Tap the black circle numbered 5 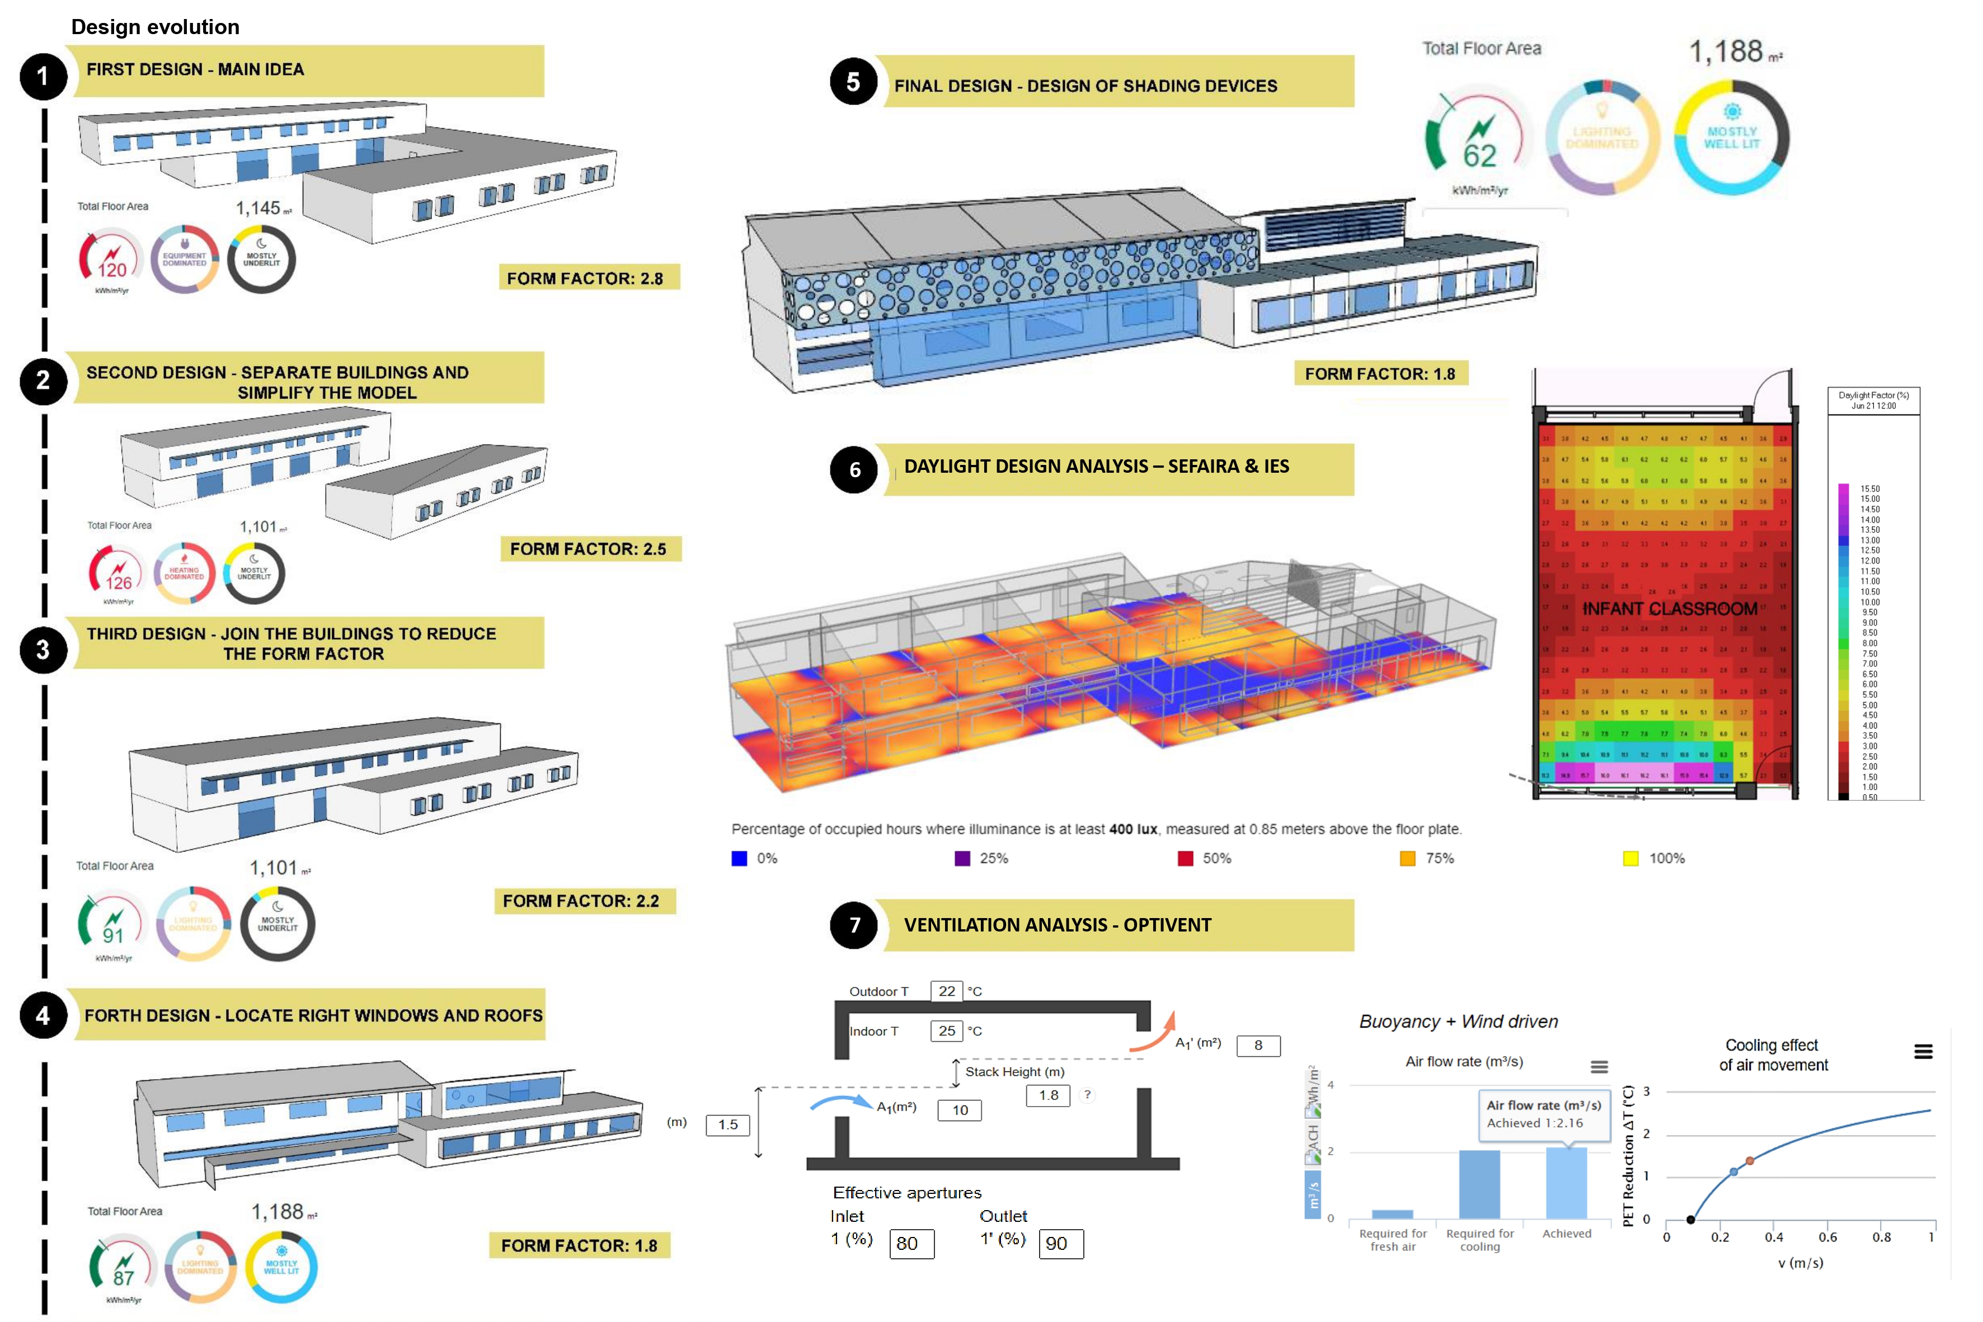(x=853, y=81)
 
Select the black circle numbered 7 (x=854, y=925)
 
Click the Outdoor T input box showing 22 (x=946, y=991)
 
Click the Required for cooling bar (x=1479, y=1184)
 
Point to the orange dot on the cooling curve (x=1750, y=1161)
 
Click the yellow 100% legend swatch (x=1630, y=858)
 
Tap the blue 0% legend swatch (x=739, y=858)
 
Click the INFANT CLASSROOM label (x=1669, y=609)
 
